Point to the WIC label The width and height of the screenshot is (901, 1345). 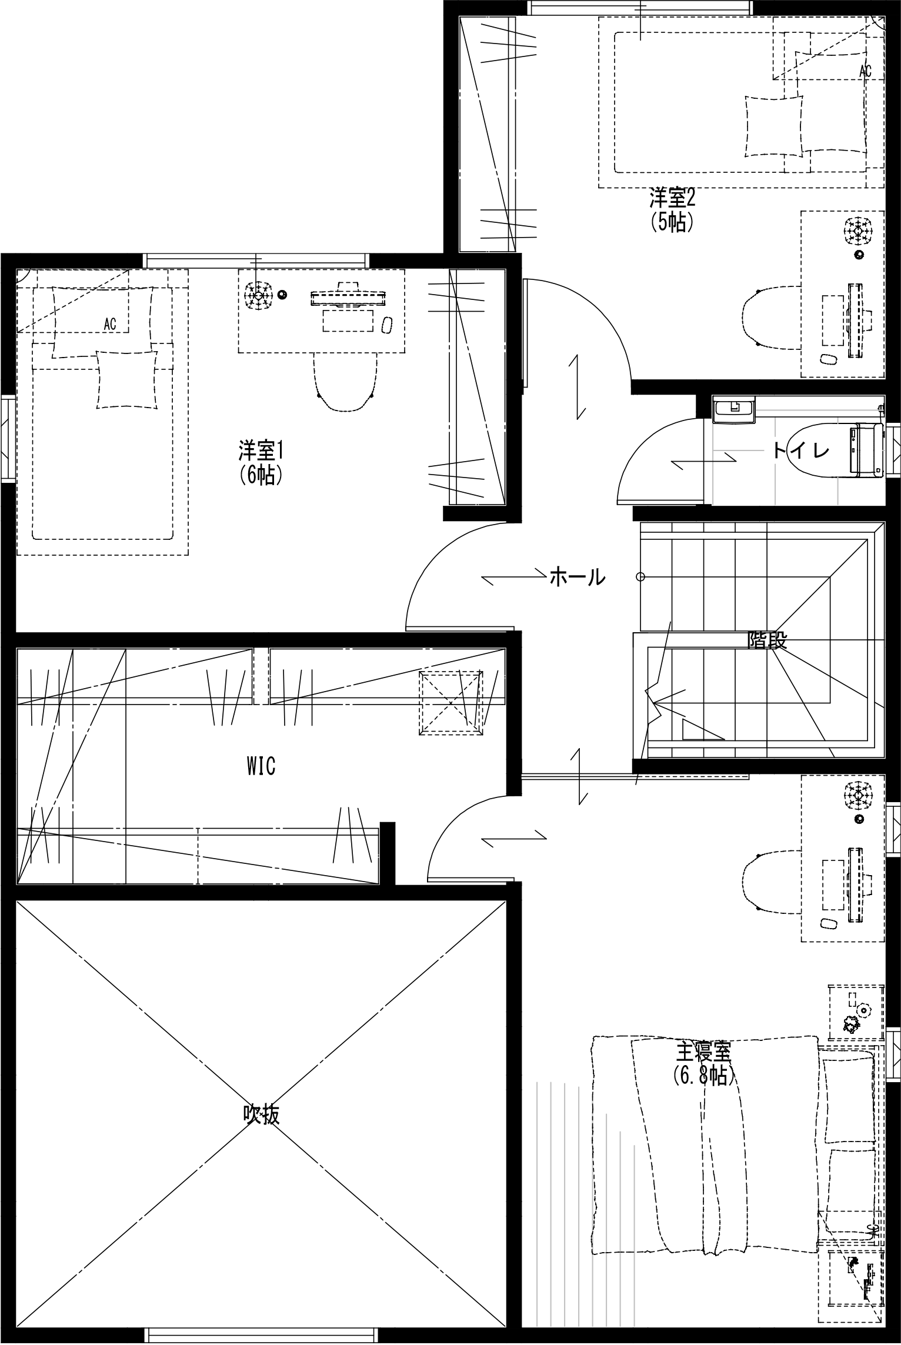(x=261, y=766)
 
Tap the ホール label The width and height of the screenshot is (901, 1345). (x=577, y=577)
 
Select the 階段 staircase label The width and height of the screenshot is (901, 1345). (x=767, y=640)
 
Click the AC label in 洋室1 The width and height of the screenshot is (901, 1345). (x=110, y=323)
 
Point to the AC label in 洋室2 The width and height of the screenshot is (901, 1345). (x=865, y=71)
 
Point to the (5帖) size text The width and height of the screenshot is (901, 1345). (x=672, y=222)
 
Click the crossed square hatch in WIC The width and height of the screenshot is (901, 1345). (x=450, y=703)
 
